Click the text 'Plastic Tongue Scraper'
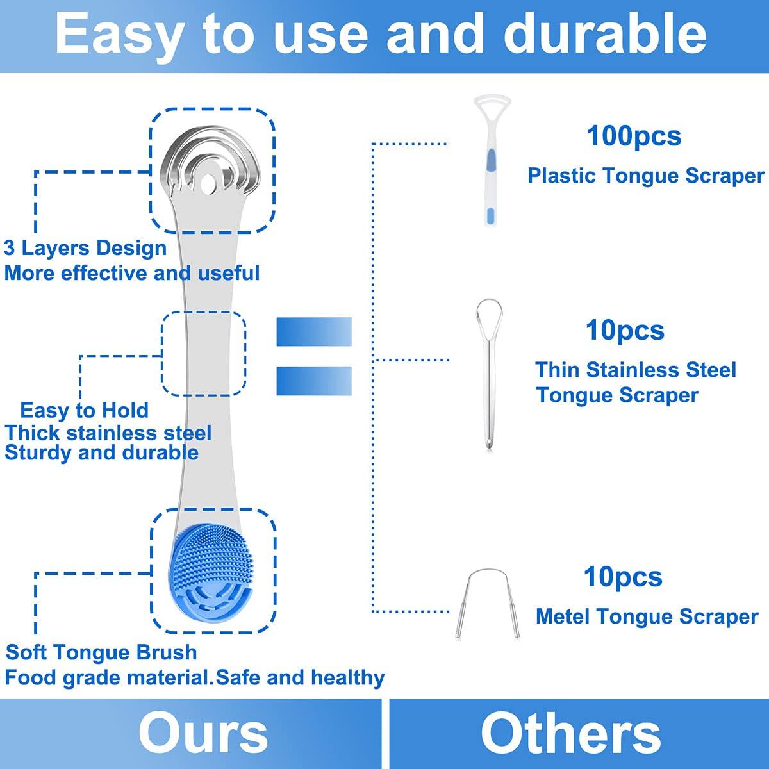tap(645, 176)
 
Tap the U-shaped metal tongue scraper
tap(487, 599)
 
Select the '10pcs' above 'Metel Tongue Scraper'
tap(622, 577)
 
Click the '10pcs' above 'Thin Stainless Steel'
tap(625, 331)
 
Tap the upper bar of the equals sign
tap(313, 332)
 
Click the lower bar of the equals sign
tap(313, 381)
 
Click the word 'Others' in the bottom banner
tap(570, 733)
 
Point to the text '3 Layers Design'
tap(85, 248)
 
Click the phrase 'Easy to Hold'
tap(84, 410)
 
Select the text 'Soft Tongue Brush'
tap(101, 652)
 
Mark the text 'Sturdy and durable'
tap(101, 452)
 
